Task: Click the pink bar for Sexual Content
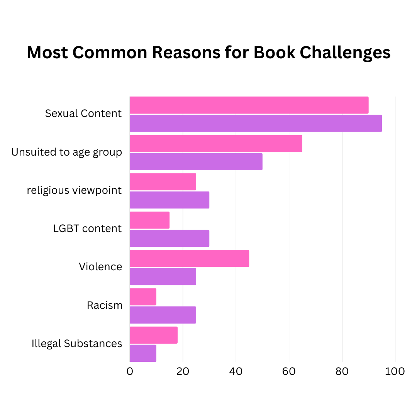coord(249,105)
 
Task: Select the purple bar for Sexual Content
coord(256,123)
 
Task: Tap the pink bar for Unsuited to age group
coord(216,143)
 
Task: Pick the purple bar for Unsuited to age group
coord(196,161)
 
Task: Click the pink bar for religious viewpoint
coord(163,181)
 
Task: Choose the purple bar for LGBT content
coord(170,238)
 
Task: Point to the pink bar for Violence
coord(189,258)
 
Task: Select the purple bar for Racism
coord(163,315)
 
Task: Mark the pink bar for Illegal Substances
coord(154,335)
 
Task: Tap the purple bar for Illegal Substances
coord(143,353)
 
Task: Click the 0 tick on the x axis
coord(130,371)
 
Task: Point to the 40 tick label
coord(236,371)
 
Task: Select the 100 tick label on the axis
coord(395,371)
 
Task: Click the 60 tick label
coord(289,371)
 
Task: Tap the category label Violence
coord(100,267)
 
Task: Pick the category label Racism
coord(105,305)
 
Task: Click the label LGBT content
coord(87,229)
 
